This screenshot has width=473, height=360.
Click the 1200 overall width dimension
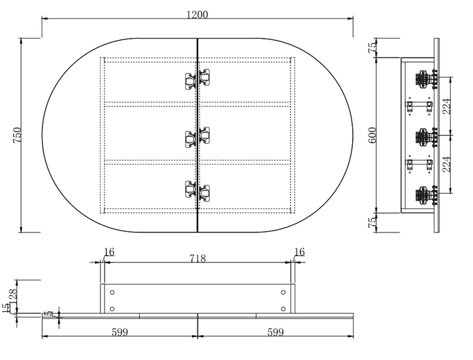coord(197,14)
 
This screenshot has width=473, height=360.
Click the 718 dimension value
coord(197,258)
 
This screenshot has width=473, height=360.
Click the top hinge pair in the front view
coord(197,79)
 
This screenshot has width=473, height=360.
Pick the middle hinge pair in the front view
coord(197,136)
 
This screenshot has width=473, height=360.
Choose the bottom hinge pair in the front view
coord(197,193)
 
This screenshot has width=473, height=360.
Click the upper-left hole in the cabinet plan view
coord(112,292)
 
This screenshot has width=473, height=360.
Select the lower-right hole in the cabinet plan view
coord(282,308)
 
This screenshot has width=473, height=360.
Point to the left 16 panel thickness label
coord(109,252)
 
